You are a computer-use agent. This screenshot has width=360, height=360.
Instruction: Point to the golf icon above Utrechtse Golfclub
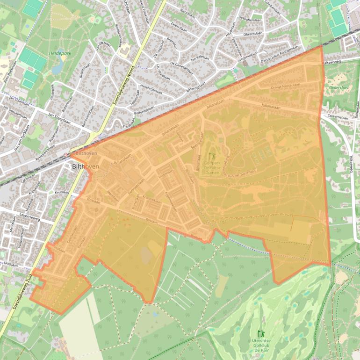260,334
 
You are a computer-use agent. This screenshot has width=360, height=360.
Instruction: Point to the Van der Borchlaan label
242,173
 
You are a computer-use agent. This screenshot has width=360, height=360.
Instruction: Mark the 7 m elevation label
112,224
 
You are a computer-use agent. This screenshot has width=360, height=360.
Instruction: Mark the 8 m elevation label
127,224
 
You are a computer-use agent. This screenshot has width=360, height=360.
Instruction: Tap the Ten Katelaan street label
200,59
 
